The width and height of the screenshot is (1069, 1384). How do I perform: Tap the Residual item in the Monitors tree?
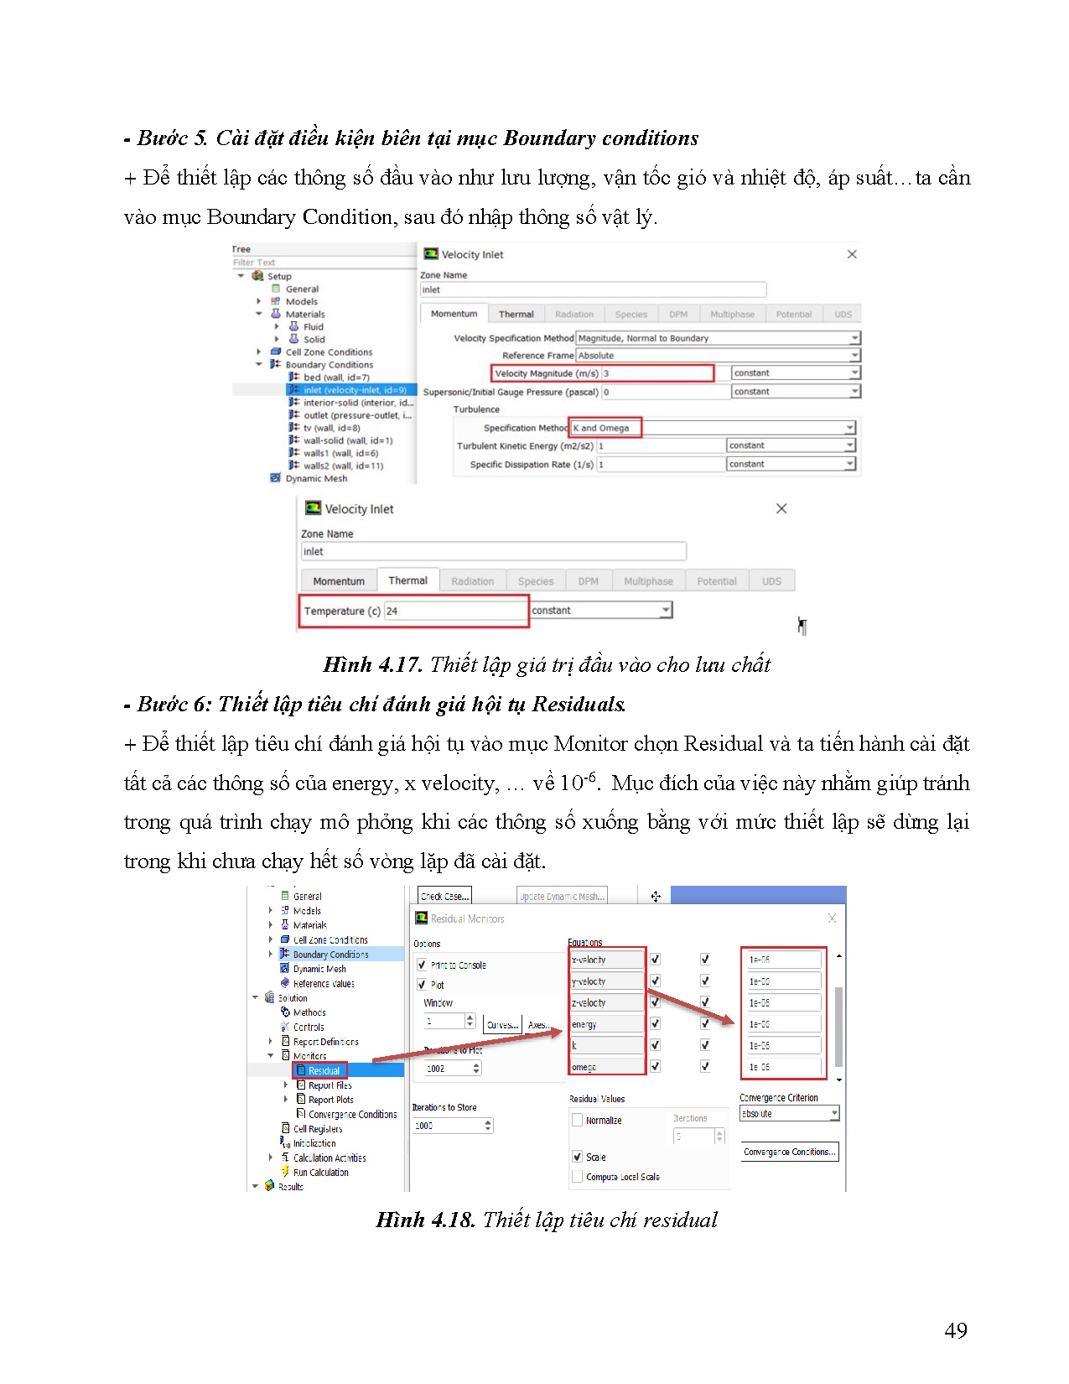tap(324, 1070)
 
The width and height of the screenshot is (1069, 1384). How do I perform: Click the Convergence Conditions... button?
tap(789, 1152)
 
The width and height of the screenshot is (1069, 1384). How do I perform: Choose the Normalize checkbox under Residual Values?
tap(578, 1120)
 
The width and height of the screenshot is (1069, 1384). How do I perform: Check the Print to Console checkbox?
tap(422, 965)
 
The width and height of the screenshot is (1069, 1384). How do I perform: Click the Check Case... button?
tap(444, 896)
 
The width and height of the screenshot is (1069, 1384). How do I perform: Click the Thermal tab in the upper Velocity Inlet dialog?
tap(516, 315)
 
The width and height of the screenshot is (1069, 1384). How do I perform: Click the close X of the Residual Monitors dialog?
tap(832, 918)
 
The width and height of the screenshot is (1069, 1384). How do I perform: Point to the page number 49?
tap(955, 1330)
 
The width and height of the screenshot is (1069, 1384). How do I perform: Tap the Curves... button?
tap(501, 1024)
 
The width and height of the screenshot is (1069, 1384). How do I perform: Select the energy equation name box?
tap(605, 1024)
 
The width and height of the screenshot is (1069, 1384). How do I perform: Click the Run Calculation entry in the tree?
tap(320, 1173)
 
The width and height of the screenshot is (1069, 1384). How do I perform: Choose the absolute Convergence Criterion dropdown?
tap(788, 1114)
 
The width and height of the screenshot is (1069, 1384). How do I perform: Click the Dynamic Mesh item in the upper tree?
tap(316, 478)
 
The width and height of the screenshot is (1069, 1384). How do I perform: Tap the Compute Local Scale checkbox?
tap(578, 1177)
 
